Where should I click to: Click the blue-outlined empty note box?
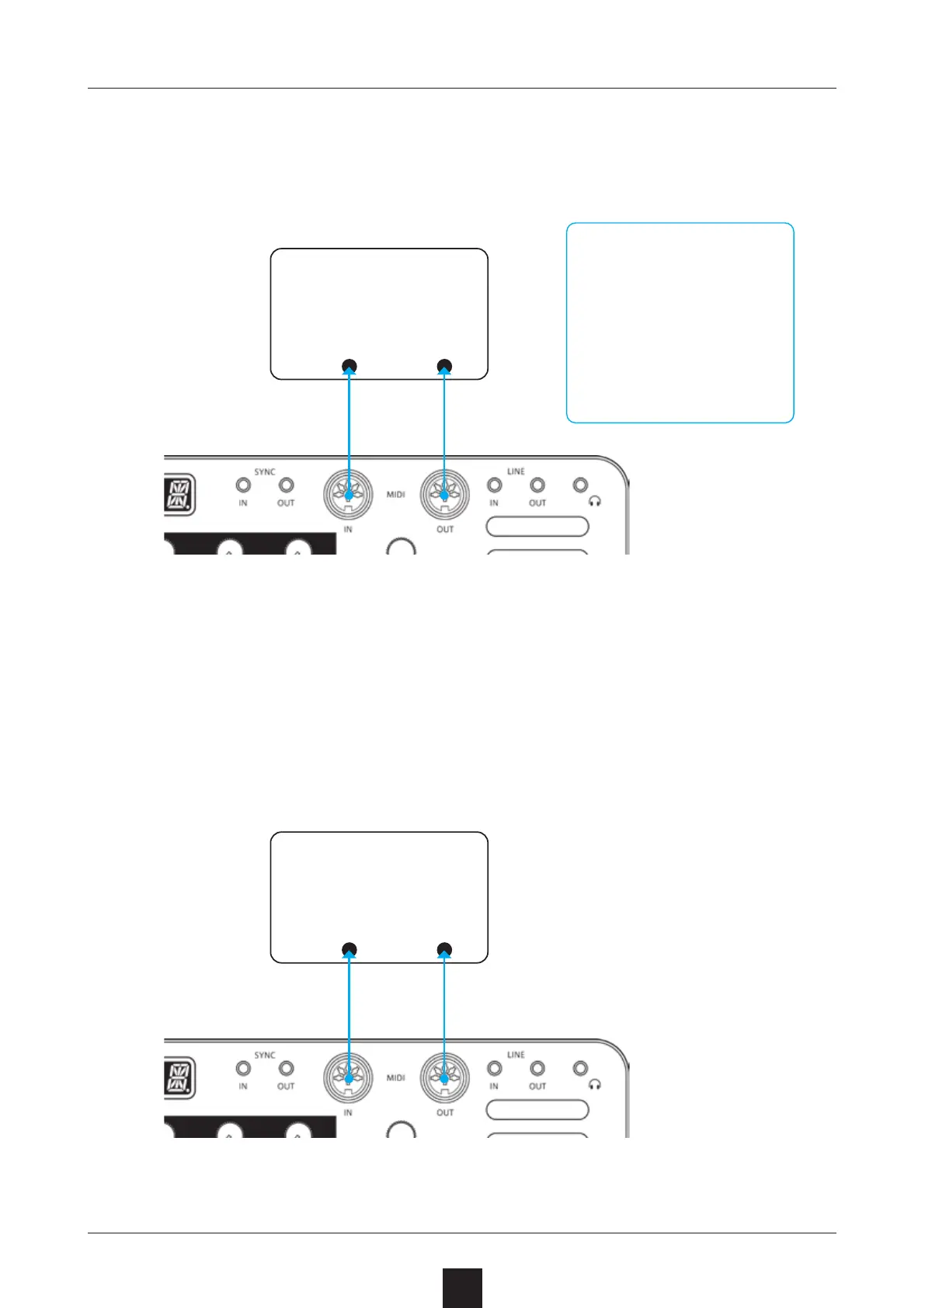coord(680,322)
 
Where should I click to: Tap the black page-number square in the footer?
coord(462,1288)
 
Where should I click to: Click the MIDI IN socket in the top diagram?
coord(349,495)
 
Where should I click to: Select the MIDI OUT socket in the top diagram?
coord(444,495)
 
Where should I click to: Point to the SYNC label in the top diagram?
coord(265,471)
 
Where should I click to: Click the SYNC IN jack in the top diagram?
coord(243,485)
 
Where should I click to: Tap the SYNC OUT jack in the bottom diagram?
coord(286,1069)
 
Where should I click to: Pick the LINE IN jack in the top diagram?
coord(494,485)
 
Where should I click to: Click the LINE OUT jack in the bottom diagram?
coord(537,1069)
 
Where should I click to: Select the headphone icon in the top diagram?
coord(596,502)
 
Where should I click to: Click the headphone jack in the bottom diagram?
coord(580,1069)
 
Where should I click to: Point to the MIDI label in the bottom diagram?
coord(396,1077)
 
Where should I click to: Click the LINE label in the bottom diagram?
coord(516,1055)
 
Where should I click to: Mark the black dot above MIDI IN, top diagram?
coord(349,366)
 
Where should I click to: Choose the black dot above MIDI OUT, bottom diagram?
coord(444,949)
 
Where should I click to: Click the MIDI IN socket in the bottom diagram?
coord(349,1078)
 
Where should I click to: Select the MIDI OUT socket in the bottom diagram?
coord(444,1078)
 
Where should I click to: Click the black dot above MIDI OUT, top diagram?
coord(444,366)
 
